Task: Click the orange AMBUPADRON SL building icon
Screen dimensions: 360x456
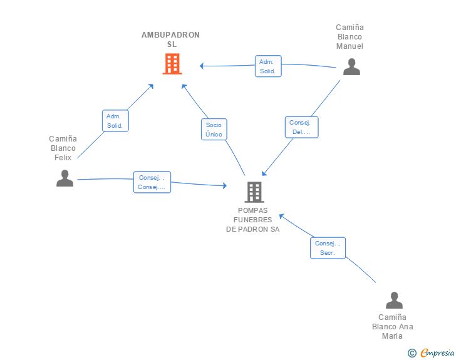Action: pos(172,64)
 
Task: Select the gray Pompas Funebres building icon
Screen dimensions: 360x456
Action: pos(254,192)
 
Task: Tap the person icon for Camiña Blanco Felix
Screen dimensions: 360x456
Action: pos(65,178)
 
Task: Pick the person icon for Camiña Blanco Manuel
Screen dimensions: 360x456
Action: pos(351,66)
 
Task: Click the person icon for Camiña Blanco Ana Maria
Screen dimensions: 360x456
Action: pos(393,301)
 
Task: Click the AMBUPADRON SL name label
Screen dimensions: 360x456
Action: pos(170,39)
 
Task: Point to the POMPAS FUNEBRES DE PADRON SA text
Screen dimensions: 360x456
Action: pos(253,220)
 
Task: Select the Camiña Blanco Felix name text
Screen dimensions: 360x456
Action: pos(63,148)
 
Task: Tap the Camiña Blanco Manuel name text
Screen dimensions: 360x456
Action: pos(350,36)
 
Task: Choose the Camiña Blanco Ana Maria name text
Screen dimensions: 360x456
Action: pos(393,326)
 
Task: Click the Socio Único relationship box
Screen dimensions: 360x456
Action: pos(214,130)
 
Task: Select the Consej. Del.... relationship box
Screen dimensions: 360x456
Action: pos(301,127)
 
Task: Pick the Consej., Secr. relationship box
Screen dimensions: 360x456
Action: pos(328,248)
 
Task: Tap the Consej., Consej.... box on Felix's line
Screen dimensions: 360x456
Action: pos(152,182)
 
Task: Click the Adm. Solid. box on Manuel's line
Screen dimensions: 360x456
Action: pos(268,66)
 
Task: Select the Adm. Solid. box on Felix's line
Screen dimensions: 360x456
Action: pos(115,121)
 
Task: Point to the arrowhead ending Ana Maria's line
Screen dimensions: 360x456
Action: pos(281,216)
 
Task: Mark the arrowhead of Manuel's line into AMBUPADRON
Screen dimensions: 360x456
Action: pos(202,65)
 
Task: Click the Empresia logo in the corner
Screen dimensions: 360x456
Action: pos(437,352)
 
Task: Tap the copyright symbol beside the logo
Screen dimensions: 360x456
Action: pos(412,353)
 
